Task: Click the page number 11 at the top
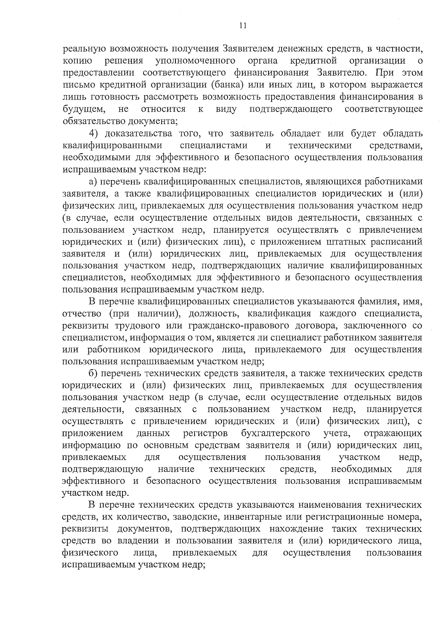point(242,26)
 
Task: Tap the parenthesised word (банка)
point(227,85)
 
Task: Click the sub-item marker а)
point(93,182)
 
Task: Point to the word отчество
point(82,314)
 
